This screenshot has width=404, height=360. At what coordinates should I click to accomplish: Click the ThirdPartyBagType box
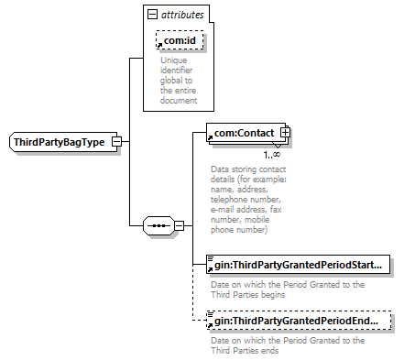[x=63, y=142]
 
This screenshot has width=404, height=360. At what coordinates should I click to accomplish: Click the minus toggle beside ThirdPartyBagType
[x=117, y=142]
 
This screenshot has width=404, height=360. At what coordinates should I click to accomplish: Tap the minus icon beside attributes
[x=152, y=14]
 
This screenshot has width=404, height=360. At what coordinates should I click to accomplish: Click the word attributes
[x=182, y=15]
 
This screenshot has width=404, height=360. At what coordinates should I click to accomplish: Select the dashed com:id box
[x=180, y=40]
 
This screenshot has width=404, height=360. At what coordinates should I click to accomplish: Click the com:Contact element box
[x=246, y=133]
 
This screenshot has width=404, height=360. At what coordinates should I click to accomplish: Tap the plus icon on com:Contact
[x=285, y=133]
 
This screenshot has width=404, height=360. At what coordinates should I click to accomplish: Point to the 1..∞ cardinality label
[x=272, y=155]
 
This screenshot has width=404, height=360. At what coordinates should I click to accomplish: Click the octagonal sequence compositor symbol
[x=159, y=226]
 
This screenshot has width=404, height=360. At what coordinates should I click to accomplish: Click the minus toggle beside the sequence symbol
[x=180, y=226]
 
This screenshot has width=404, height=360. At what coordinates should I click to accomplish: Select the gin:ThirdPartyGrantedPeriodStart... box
[x=298, y=265]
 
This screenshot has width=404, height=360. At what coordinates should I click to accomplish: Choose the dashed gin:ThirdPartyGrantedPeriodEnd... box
[x=299, y=321]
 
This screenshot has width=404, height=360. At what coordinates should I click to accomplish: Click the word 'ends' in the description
[x=268, y=350]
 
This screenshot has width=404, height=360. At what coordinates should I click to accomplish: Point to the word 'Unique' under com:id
[x=174, y=60]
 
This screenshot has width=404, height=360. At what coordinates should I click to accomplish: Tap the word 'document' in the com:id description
[x=179, y=101]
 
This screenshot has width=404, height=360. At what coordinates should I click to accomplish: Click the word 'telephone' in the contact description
[x=227, y=200]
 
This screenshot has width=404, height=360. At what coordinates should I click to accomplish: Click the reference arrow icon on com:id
[x=159, y=46]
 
